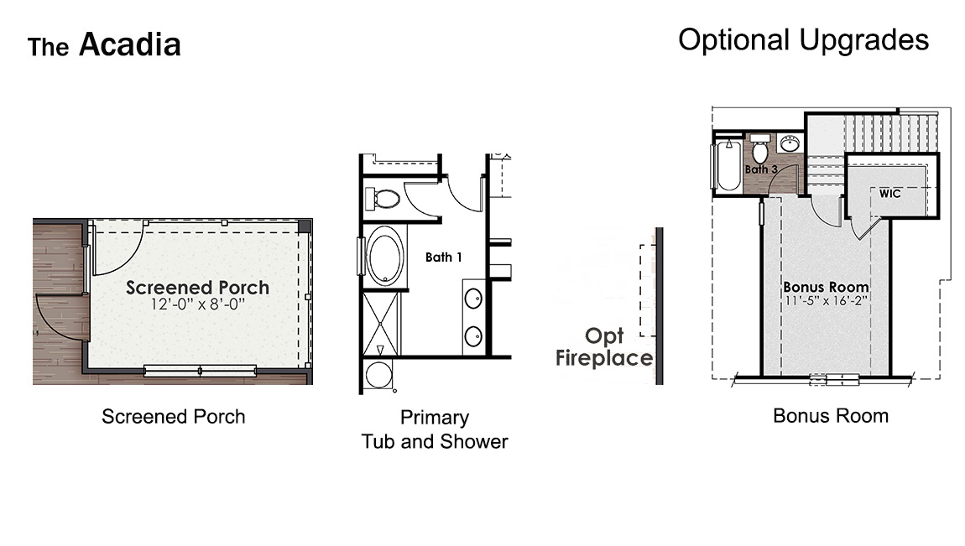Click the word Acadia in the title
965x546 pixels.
click(130, 44)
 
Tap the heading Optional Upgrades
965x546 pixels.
click(803, 39)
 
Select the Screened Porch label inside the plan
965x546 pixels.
click(198, 288)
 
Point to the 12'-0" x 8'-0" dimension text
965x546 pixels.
click(198, 304)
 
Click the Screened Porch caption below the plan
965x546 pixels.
click(174, 416)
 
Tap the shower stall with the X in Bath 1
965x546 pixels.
click(382, 324)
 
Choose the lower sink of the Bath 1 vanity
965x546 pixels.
click(473, 335)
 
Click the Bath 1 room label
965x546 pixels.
click(443, 257)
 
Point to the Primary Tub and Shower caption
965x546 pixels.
click(435, 429)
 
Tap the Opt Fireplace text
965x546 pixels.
click(604, 347)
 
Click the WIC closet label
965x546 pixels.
click(890, 194)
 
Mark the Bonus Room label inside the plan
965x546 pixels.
click(826, 287)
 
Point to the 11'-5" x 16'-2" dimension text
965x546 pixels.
click(826, 300)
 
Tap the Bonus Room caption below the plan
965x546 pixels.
click(830, 415)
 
